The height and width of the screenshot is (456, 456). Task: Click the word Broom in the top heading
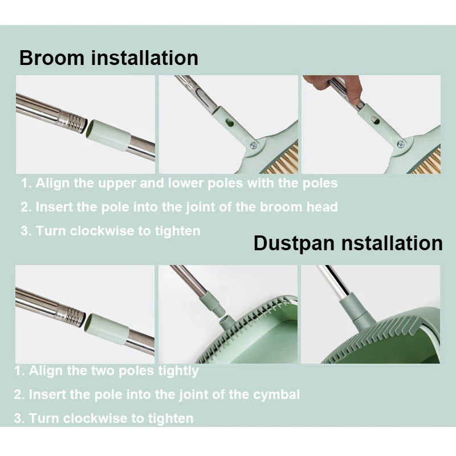(52, 58)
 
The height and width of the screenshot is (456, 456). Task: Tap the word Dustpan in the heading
(294, 243)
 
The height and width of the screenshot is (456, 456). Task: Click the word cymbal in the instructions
(276, 395)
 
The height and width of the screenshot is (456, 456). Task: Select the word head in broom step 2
(322, 207)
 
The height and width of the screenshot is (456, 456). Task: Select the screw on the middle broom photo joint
(254, 145)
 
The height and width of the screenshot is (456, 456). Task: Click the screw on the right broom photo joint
(401, 144)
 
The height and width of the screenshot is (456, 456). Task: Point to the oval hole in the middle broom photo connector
(230, 123)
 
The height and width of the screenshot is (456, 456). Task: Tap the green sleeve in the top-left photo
(108, 135)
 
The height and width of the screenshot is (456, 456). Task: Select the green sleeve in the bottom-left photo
(107, 329)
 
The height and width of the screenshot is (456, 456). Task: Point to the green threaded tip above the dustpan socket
(220, 310)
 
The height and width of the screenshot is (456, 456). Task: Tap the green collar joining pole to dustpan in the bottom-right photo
(353, 309)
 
